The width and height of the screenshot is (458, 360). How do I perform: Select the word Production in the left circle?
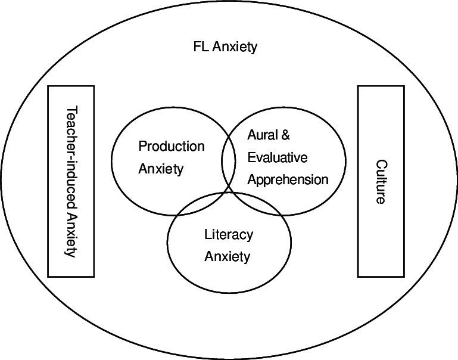coord(171,146)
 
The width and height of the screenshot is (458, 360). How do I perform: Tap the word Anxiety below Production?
coord(161,169)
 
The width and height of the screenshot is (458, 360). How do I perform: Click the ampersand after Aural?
coord(285,135)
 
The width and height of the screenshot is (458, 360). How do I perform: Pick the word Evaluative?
coord(278,157)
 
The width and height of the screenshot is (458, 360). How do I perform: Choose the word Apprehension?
coord(288,179)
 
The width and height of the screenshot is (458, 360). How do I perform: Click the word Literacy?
coord(229,234)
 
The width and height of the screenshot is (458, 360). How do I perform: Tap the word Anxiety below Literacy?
coord(227,257)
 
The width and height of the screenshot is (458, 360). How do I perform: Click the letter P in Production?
coord(142,146)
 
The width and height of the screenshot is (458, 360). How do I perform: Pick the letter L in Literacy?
coord(207,234)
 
